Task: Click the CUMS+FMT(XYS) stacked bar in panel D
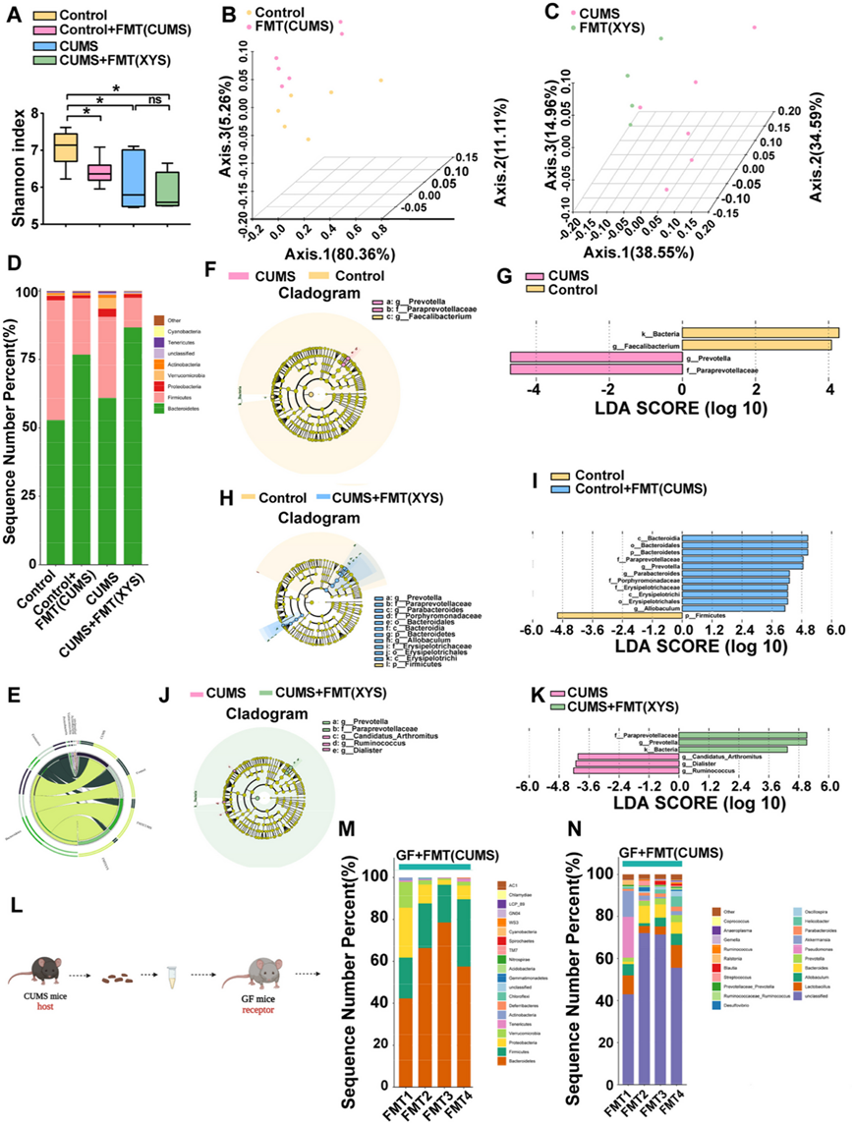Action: pos(132,432)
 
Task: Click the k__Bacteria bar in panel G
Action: pos(761,332)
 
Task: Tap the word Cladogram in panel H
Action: pos(312,514)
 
